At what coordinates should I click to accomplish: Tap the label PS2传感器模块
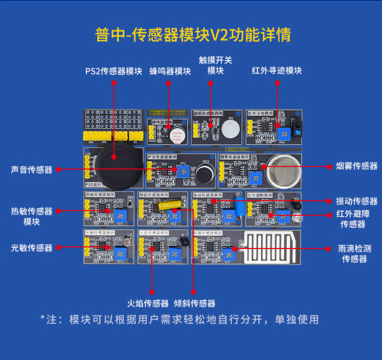[114, 71]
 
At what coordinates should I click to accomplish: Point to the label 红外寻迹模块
[277, 70]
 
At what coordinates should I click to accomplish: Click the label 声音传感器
[32, 170]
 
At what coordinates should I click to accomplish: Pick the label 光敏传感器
[32, 248]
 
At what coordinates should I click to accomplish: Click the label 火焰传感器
[148, 303]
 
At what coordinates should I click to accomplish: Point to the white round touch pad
[230, 131]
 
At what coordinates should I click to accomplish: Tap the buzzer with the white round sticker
[176, 136]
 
